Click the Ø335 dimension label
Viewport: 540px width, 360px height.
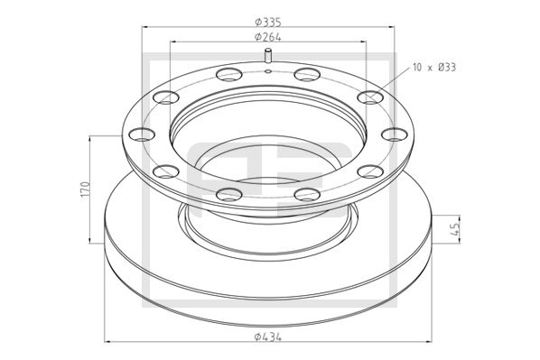pyautogui.click(x=269, y=22)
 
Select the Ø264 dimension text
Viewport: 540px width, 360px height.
pyautogui.click(x=269, y=36)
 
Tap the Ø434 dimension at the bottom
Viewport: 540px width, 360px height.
pyautogui.click(x=269, y=336)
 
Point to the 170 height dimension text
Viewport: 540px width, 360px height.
pyautogui.click(x=85, y=189)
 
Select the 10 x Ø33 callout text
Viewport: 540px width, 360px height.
pyautogui.click(x=433, y=68)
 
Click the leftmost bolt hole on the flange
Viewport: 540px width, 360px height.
pyautogui.click(x=141, y=136)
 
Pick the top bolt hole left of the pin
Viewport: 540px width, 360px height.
pyautogui.click(x=226, y=75)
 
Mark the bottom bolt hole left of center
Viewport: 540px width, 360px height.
pyautogui.click(x=228, y=191)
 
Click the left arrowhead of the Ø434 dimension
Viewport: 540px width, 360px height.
pyautogui.click(x=109, y=341)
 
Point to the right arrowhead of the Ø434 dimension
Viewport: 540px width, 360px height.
pyautogui.click(x=430, y=341)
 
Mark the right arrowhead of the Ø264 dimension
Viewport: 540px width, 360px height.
pyautogui.click(x=366, y=42)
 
